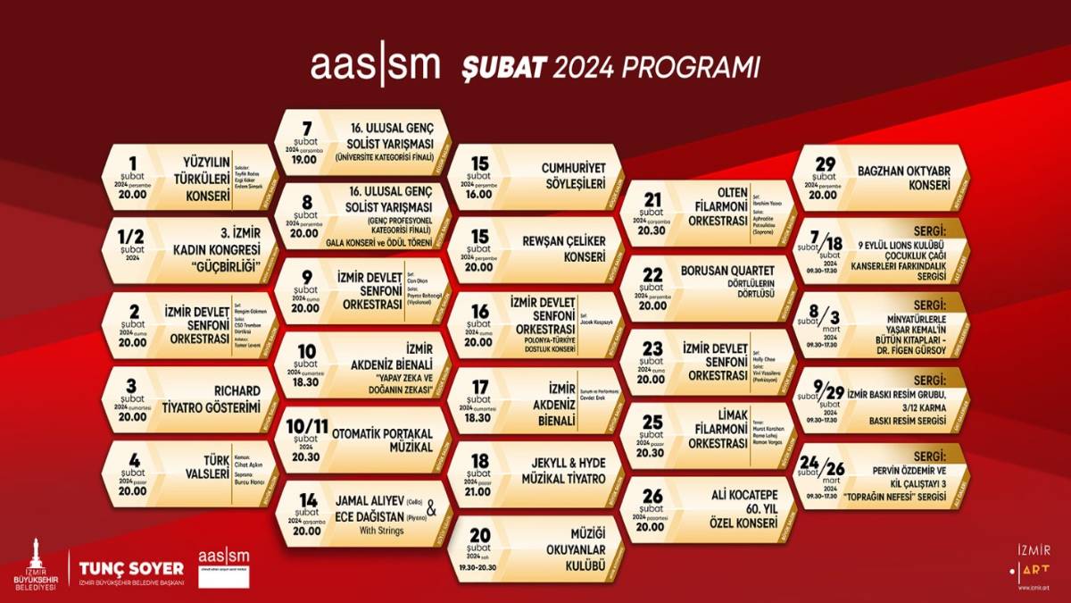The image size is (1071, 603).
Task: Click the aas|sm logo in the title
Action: [x=375, y=67]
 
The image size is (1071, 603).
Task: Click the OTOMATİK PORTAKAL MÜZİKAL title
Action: [x=382, y=439]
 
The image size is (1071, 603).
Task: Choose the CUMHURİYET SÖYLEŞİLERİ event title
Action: [x=573, y=175]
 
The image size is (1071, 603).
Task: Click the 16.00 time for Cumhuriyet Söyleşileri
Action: [x=479, y=192]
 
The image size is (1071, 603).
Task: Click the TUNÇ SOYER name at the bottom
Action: [x=131, y=568]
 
